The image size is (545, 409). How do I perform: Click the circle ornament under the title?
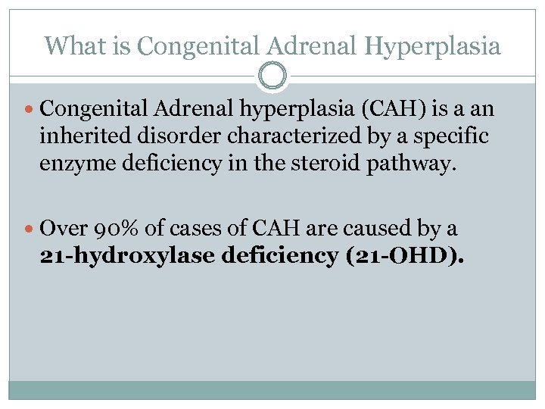coord(272,76)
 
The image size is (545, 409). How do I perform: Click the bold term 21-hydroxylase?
coord(126,256)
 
